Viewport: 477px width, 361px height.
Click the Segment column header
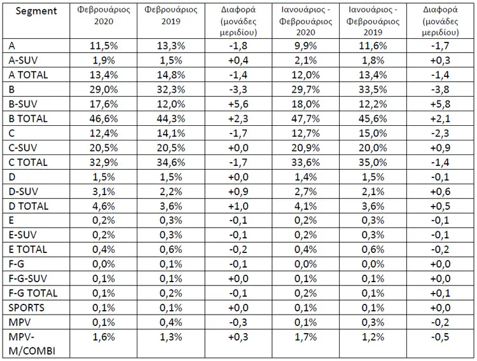[36, 11]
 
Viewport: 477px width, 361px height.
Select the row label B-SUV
[23, 104]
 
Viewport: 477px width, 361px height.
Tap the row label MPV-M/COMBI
[32, 344]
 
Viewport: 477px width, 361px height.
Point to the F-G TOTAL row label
[33, 293]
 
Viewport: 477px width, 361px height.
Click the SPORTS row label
[26, 308]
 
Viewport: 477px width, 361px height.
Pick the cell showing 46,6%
[104, 119]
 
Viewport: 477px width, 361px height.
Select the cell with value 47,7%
[305, 119]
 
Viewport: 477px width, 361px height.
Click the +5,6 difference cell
[238, 104]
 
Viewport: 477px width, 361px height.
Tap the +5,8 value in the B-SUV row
[440, 104]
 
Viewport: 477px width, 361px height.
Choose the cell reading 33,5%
[373, 90]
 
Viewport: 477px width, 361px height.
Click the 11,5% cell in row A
[104, 46]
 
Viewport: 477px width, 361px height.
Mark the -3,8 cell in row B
[440, 90]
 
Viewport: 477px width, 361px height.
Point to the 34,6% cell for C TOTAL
[170, 163]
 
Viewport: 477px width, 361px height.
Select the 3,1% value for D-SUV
[104, 191]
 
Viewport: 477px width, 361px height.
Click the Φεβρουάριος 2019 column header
[170, 15]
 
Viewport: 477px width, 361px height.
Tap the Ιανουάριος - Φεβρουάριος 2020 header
[305, 21]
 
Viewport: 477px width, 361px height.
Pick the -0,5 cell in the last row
[440, 337]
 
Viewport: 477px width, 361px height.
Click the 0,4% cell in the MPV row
[170, 322]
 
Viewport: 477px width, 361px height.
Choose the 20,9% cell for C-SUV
[305, 148]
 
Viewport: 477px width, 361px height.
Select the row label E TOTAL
[28, 249]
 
